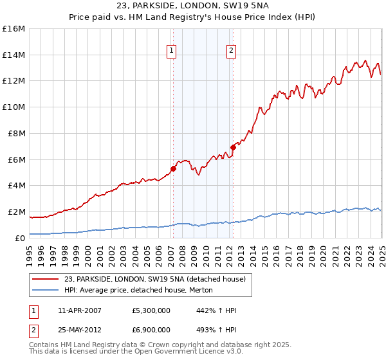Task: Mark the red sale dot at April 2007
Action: coord(173,169)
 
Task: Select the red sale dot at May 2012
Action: coord(233,148)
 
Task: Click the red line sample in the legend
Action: coord(46,280)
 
